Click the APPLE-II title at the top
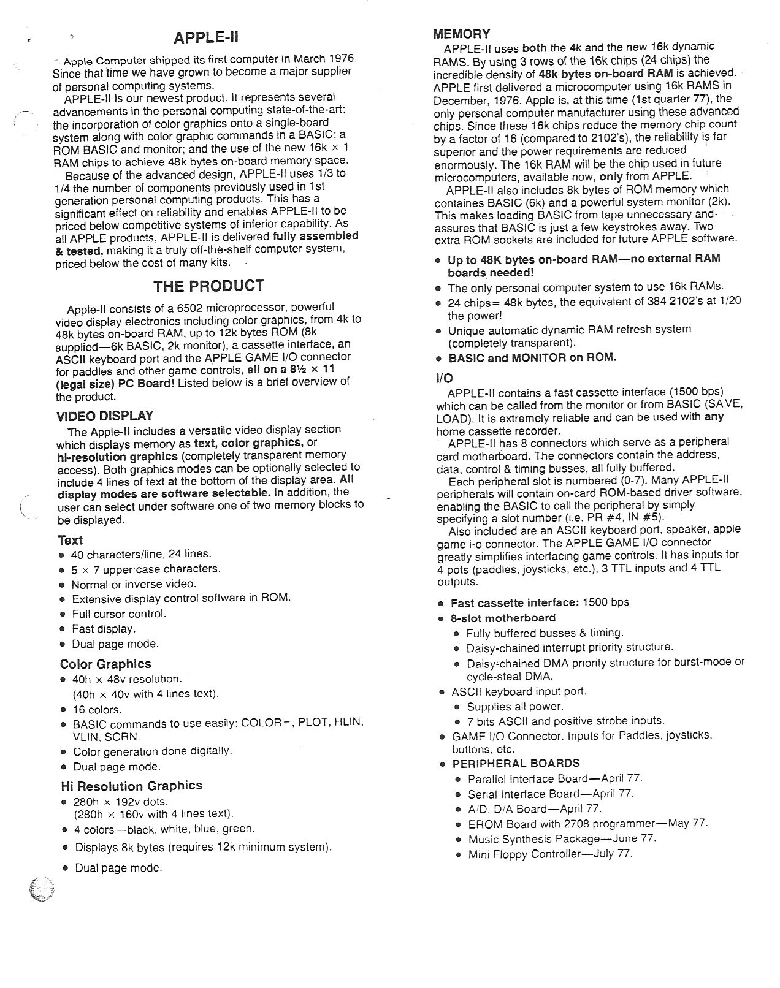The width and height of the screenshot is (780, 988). click(205, 38)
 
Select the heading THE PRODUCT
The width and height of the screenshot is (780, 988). click(208, 286)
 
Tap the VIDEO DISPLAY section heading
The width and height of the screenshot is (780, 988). click(105, 416)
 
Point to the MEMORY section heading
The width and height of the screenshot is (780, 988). click(461, 34)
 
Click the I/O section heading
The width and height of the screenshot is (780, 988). click(445, 378)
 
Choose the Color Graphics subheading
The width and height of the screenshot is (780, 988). click(105, 664)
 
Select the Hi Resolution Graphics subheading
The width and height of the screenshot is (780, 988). click(131, 786)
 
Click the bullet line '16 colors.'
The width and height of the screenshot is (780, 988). click(97, 710)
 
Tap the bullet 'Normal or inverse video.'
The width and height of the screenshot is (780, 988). click(134, 584)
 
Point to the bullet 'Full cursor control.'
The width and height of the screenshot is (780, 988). click(119, 614)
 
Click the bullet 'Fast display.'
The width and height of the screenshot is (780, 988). click(104, 629)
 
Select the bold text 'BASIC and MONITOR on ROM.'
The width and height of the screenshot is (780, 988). click(532, 358)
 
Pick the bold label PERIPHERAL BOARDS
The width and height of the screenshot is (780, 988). click(516, 764)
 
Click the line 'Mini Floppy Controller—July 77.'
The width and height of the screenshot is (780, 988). click(550, 854)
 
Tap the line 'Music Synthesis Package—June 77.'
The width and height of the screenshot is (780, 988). click(562, 838)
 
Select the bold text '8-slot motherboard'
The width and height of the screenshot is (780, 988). click(503, 618)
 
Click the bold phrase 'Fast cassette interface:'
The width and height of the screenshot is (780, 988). click(514, 602)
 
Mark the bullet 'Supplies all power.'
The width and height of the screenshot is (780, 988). click(515, 706)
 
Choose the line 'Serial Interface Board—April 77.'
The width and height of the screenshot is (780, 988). click(551, 794)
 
